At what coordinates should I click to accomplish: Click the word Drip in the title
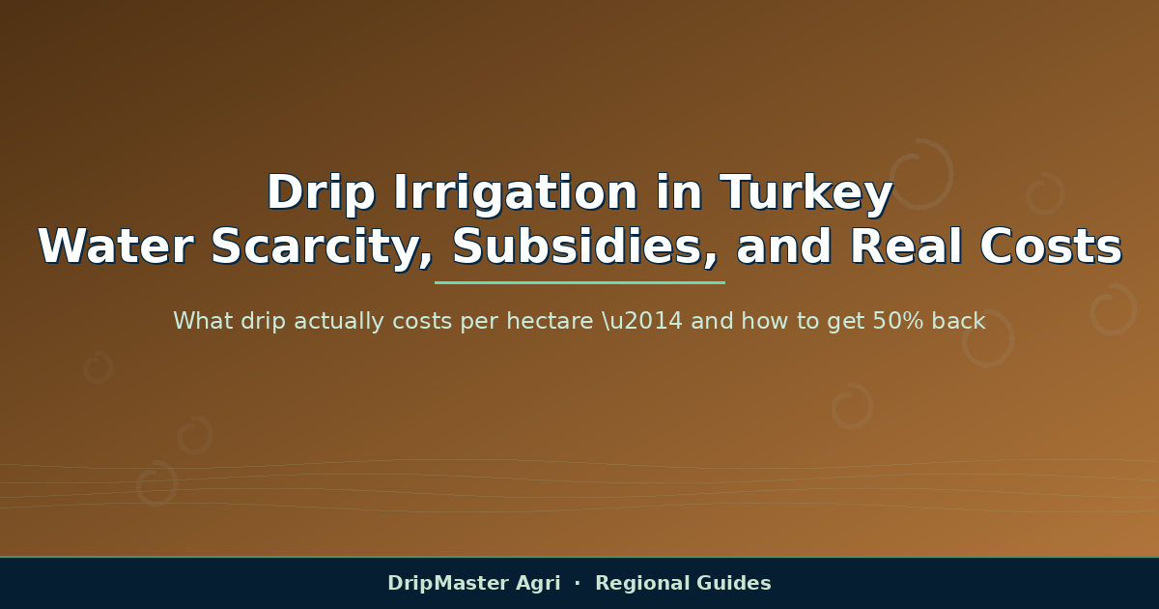pos(322,192)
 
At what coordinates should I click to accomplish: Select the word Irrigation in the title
pos(516,192)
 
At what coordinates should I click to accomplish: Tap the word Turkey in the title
pos(806,192)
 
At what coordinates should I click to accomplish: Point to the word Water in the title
pos(116,246)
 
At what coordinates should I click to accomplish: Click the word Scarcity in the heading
pos(322,248)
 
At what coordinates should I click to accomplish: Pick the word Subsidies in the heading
pos(584,246)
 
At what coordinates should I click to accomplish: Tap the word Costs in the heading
pos(1051,246)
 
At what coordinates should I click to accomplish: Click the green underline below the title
pos(579,282)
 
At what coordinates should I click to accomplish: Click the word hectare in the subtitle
pos(550,321)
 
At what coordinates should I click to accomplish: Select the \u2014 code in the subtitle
pos(642,321)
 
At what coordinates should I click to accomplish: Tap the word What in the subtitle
pos(203,321)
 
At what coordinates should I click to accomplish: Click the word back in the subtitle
pos(959,321)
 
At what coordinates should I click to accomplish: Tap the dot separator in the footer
pos(578,583)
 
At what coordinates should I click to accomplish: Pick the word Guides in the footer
pos(734,583)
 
